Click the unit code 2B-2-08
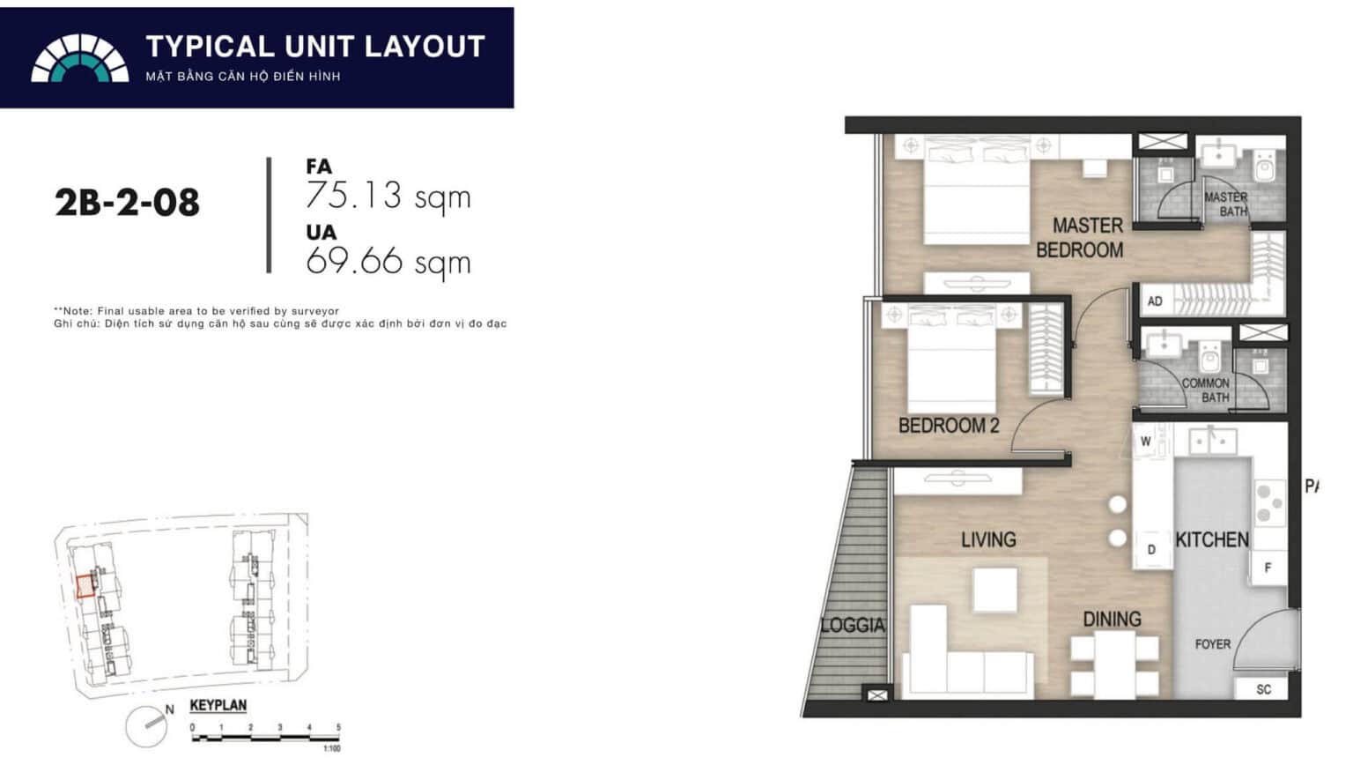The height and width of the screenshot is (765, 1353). tap(127, 204)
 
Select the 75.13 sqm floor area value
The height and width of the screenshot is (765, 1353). tap(388, 196)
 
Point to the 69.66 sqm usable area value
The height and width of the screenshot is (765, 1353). tap(388, 261)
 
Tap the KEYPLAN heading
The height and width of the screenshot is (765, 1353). tap(218, 706)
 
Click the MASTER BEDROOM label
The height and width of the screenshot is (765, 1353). tap(1080, 238)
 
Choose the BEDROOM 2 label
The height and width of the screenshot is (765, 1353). tap(949, 426)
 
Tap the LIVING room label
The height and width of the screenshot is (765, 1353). tap(988, 539)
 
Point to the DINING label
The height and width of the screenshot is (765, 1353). tap(1112, 620)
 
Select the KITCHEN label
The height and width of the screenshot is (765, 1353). tap(1212, 539)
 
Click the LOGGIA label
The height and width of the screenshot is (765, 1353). tap(852, 626)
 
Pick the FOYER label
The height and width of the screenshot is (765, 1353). tap(1213, 644)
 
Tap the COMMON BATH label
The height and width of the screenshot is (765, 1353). tap(1206, 390)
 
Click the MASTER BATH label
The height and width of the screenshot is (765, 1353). tap(1226, 204)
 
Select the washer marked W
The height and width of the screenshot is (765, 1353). tap(1146, 442)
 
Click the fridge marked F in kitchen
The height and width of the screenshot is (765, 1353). tap(1268, 568)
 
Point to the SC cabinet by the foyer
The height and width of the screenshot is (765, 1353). tap(1264, 689)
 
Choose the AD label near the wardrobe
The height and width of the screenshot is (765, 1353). tap(1155, 301)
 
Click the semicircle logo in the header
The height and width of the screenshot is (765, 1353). tap(80, 59)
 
